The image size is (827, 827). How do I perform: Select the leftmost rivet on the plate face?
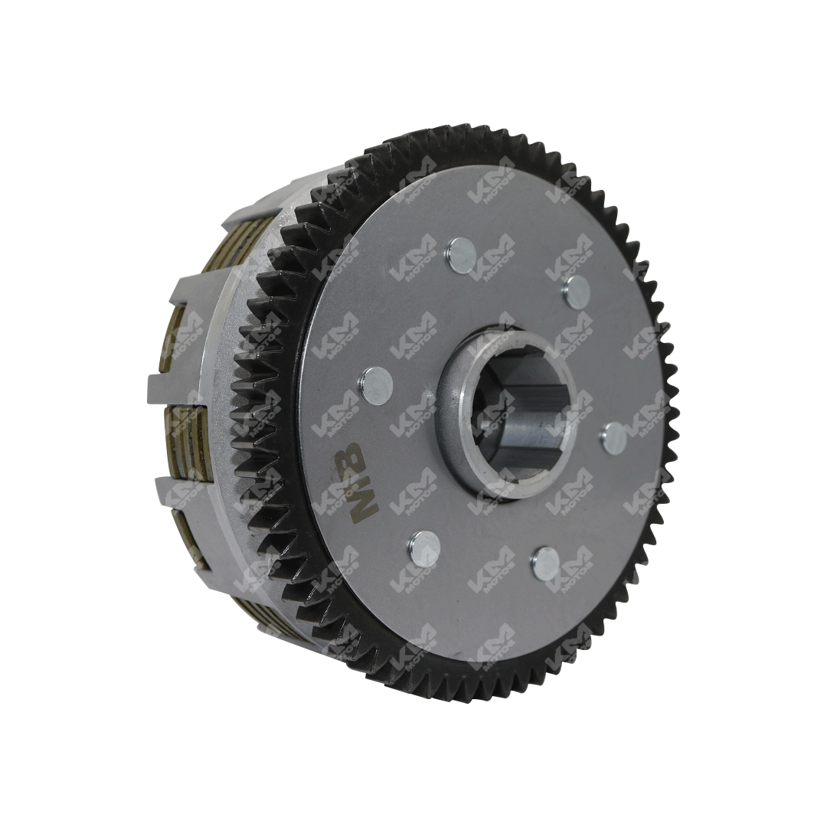click(375, 381)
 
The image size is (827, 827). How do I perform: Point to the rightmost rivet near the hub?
click(614, 437)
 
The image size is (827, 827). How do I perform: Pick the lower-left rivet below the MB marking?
click(423, 547)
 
